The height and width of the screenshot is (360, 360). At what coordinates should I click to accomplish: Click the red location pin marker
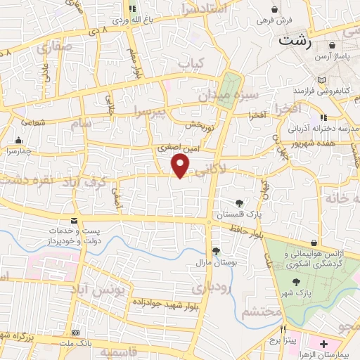pos(181,165)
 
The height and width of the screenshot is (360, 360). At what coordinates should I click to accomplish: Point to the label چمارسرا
pos(25,150)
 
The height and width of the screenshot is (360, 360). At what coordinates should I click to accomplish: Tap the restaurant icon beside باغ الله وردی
pos(132,10)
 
